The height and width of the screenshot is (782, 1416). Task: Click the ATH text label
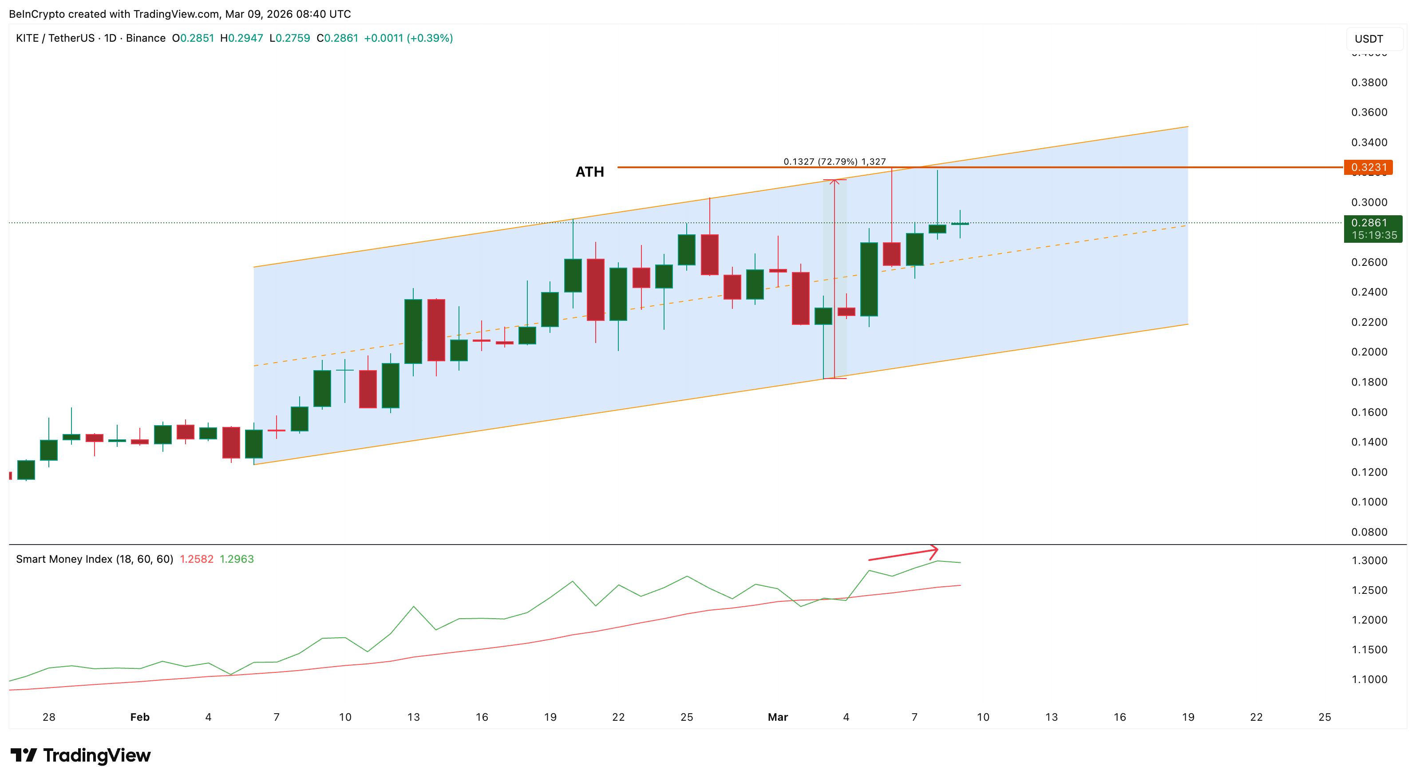(589, 172)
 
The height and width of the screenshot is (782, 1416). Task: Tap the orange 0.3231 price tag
(1368, 167)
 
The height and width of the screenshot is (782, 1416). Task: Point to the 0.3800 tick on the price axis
(1369, 83)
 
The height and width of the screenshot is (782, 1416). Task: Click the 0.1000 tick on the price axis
(1369, 502)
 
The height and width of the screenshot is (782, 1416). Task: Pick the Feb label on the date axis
(140, 717)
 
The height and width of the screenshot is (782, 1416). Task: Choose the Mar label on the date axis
(777, 717)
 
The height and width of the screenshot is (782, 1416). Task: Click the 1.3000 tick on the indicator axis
(1369, 561)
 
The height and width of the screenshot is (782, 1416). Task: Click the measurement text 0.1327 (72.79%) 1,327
(835, 162)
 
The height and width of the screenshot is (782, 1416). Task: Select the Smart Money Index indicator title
(95, 559)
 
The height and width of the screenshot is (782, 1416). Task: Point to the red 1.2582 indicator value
(196, 559)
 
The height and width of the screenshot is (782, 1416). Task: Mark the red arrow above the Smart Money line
(903, 553)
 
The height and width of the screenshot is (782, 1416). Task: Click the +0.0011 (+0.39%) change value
(408, 38)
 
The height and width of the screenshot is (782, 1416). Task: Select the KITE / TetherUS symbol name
(55, 38)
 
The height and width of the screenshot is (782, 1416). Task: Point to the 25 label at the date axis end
(1325, 717)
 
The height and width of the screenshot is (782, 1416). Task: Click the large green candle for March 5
(869, 279)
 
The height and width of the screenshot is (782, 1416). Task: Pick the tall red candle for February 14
(436, 330)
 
